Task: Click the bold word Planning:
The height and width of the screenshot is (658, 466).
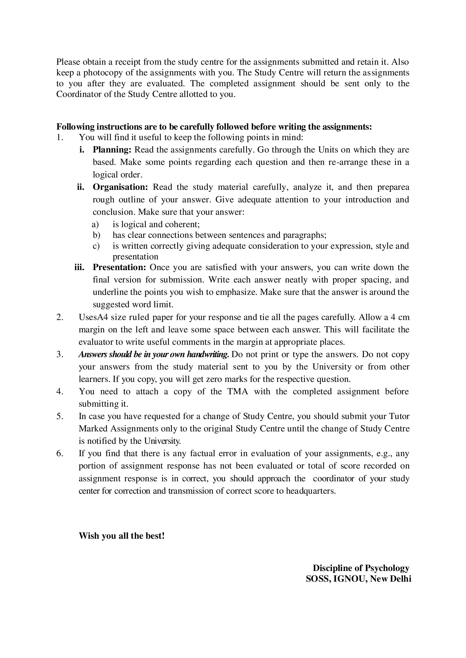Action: coord(112,150)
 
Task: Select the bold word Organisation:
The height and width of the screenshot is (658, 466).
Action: coord(120,187)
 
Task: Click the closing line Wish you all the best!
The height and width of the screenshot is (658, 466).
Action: coord(122,536)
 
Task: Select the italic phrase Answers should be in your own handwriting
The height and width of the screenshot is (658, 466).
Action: coord(154,355)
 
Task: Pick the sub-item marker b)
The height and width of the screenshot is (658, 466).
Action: coord(96,235)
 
